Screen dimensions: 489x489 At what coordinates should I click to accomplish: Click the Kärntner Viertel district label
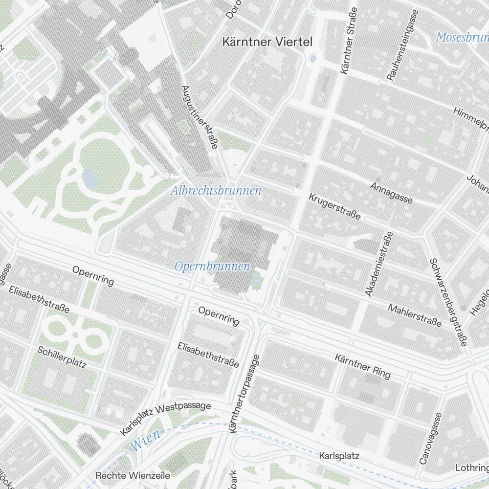267,42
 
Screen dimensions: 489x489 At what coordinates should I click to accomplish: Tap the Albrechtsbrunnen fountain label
216,191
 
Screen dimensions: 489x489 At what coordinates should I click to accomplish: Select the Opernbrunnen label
212,267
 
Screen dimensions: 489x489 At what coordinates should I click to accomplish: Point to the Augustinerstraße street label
200,120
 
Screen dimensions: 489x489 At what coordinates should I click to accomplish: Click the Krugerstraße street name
334,206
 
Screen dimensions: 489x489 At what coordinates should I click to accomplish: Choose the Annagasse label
391,193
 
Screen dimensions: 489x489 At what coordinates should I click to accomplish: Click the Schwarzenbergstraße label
448,302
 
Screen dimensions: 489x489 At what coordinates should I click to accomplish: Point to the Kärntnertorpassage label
243,394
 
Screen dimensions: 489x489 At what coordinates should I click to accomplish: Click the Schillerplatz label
62,357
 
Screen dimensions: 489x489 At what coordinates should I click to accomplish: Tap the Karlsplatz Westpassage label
165,419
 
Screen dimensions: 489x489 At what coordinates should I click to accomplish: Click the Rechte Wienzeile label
133,475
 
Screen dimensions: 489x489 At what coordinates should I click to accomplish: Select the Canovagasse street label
430,439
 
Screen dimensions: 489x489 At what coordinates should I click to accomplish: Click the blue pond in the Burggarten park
89,179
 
